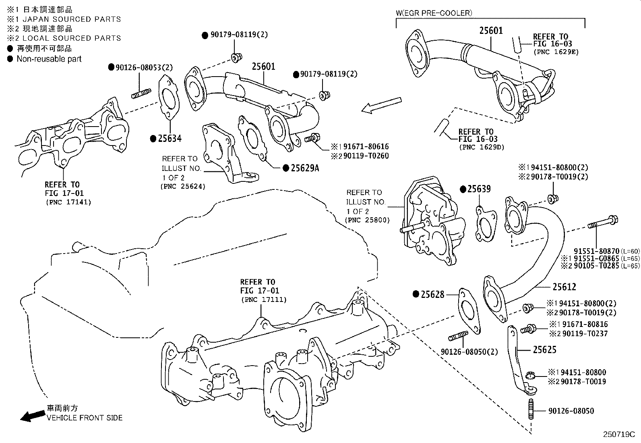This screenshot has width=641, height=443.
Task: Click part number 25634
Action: [170, 139]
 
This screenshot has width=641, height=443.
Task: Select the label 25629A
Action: [305, 168]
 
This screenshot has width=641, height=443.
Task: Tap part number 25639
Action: [479, 189]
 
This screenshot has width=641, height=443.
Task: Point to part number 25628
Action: [432, 294]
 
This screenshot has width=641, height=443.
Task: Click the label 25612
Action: [564, 287]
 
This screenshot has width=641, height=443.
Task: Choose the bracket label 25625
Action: [544, 349]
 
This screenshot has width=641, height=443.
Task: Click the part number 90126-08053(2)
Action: [144, 68]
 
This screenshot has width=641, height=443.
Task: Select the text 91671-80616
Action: [366, 147]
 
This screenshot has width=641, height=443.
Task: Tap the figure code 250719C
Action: [619, 435]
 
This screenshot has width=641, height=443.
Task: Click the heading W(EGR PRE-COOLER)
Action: [434, 13]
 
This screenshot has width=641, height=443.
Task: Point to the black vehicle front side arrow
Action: [33, 416]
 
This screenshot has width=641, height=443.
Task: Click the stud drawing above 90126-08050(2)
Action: [458, 336]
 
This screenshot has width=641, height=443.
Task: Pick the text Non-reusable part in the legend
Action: [49, 59]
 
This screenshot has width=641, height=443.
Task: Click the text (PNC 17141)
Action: [68, 202]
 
